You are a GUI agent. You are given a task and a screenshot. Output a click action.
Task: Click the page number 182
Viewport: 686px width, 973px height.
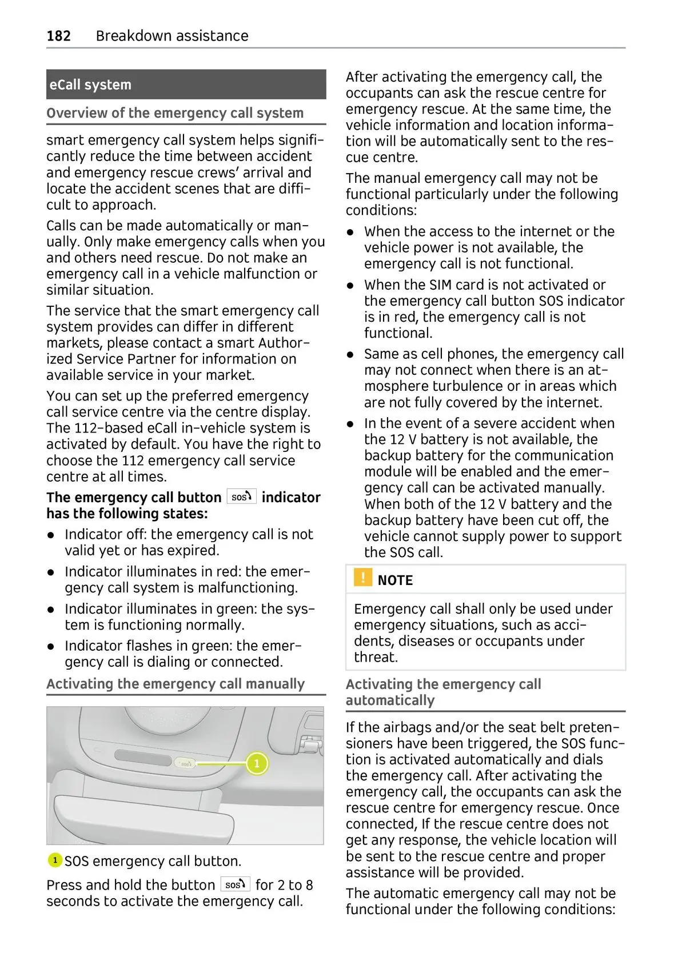(x=58, y=36)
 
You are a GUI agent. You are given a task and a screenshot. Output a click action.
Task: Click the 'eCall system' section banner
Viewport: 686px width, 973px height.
(x=186, y=85)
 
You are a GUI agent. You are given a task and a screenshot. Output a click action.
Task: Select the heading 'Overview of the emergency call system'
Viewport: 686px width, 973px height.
(x=175, y=113)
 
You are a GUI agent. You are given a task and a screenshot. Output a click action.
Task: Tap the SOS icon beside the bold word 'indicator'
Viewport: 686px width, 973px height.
(x=241, y=497)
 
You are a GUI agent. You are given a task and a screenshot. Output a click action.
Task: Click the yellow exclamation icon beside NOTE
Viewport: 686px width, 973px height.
(x=362, y=578)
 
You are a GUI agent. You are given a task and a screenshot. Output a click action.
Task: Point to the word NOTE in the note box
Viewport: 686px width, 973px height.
(x=395, y=580)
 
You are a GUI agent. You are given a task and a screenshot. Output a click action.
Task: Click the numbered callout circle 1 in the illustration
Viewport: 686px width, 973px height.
(x=257, y=763)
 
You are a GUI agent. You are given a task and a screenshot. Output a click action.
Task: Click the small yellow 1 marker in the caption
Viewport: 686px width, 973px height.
(x=55, y=860)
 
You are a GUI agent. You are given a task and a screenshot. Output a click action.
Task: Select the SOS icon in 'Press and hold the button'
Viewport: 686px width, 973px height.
(x=235, y=884)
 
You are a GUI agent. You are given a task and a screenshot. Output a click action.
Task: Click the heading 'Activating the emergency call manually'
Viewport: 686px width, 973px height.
(x=176, y=684)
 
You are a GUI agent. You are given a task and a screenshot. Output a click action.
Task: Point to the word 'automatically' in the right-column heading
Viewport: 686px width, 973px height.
(x=390, y=700)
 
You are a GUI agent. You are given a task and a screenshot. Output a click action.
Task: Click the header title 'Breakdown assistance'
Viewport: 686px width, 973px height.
(x=172, y=36)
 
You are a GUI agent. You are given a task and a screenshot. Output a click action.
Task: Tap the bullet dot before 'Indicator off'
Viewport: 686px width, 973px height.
(x=51, y=535)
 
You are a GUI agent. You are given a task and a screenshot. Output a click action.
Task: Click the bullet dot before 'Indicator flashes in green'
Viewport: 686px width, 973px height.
(x=51, y=647)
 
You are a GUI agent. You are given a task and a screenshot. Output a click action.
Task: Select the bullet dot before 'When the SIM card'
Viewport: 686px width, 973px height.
(x=351, y=286)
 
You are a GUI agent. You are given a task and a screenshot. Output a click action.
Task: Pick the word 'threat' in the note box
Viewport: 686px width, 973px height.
(x=374, y=657)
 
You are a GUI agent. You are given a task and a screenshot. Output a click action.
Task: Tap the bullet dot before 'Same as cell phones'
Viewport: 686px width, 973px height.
(x=351, y=355)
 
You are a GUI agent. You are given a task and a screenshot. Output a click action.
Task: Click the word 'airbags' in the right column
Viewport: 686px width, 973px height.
(x=405, y=727)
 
